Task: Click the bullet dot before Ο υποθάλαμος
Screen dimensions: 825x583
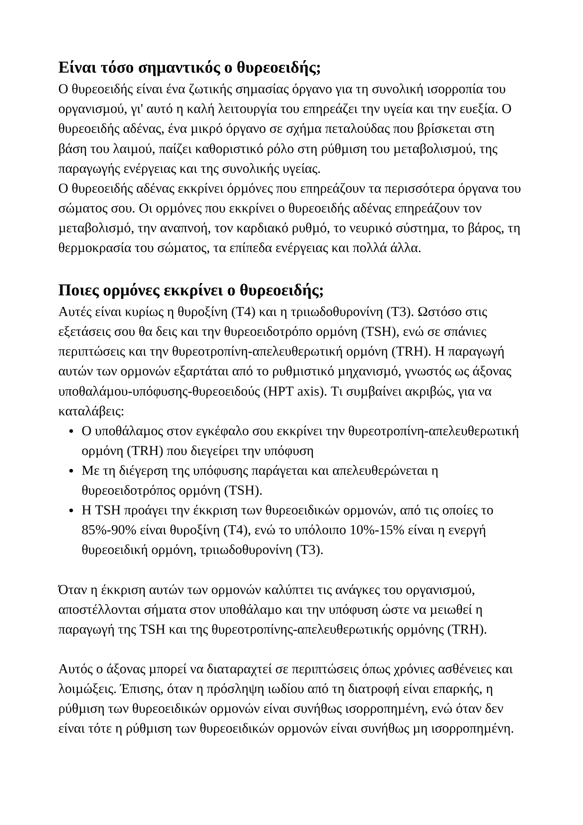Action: pyautogui.click(x=71, y=432)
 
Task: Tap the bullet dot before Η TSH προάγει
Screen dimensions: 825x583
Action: pyautogui.click(x=71, y=511)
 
